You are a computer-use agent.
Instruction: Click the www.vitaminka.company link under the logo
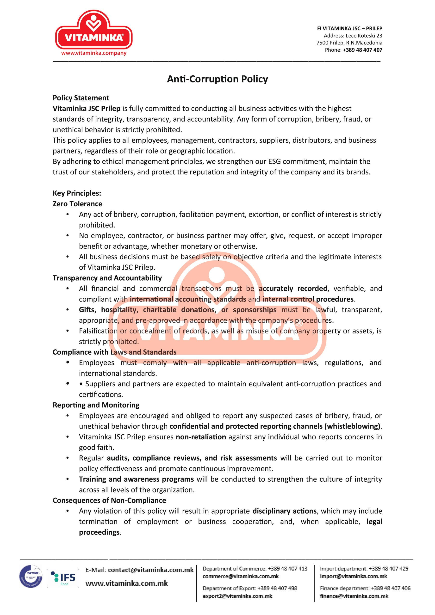(x=93, y=53)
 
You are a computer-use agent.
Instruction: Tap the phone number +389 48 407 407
(x=362, y=50)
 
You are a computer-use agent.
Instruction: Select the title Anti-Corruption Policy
(x=217, y=79)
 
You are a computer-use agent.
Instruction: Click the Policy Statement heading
(x=81, y=98)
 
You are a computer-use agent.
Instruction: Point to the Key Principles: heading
(x=77, y=193)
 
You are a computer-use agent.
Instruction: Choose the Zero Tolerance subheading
(x=77, y=204)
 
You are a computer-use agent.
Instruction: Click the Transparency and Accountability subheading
(x=107, y=278)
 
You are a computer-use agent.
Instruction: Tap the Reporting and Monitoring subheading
(x=96, y=405)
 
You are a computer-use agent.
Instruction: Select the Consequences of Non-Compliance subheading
(x=109, y=500)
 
